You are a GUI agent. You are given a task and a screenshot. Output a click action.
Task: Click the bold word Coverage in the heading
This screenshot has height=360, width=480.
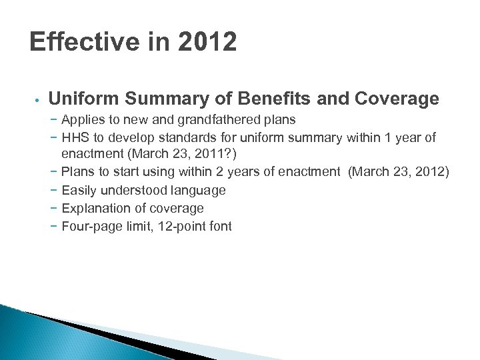pyautogui.click(x=398, y=99)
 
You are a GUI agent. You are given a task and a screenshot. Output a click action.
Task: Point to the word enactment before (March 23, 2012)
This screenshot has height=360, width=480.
pyautogui.click(x=308, y=173)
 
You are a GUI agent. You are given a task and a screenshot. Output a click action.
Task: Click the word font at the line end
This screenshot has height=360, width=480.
pyautogui.click(x=220, y=226)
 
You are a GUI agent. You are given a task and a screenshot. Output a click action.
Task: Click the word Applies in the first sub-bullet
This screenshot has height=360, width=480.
pyautogui.click(x=83, y=121)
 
